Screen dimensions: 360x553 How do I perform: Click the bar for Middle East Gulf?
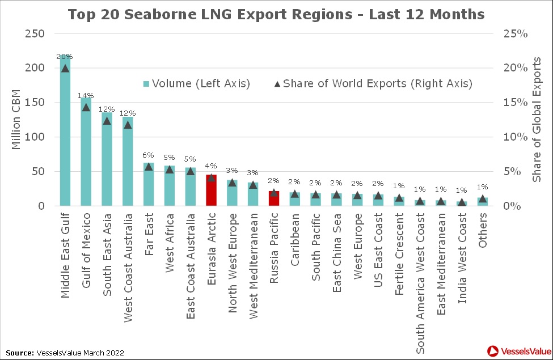(x=65, y=136)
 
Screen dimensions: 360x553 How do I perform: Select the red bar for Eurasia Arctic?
(x=211, y=190)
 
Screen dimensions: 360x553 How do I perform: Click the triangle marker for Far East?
(x=149, y=166)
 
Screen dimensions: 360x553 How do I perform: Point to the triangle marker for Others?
(x=483, y=198)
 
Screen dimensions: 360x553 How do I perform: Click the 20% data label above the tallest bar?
(x=65, y=57)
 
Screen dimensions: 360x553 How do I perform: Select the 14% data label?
(x=86, y=96)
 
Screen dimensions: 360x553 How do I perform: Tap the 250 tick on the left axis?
(x=35, y=33)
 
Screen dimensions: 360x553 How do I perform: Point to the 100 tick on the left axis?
(x=35, y=137)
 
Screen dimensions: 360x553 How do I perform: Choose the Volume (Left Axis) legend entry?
(x=197, y=84)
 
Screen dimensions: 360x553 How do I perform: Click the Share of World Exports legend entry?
(x=373, y=84)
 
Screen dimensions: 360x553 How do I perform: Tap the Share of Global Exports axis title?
(x=537, y=120)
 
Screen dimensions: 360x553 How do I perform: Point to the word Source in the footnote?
(x=19, y=353)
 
